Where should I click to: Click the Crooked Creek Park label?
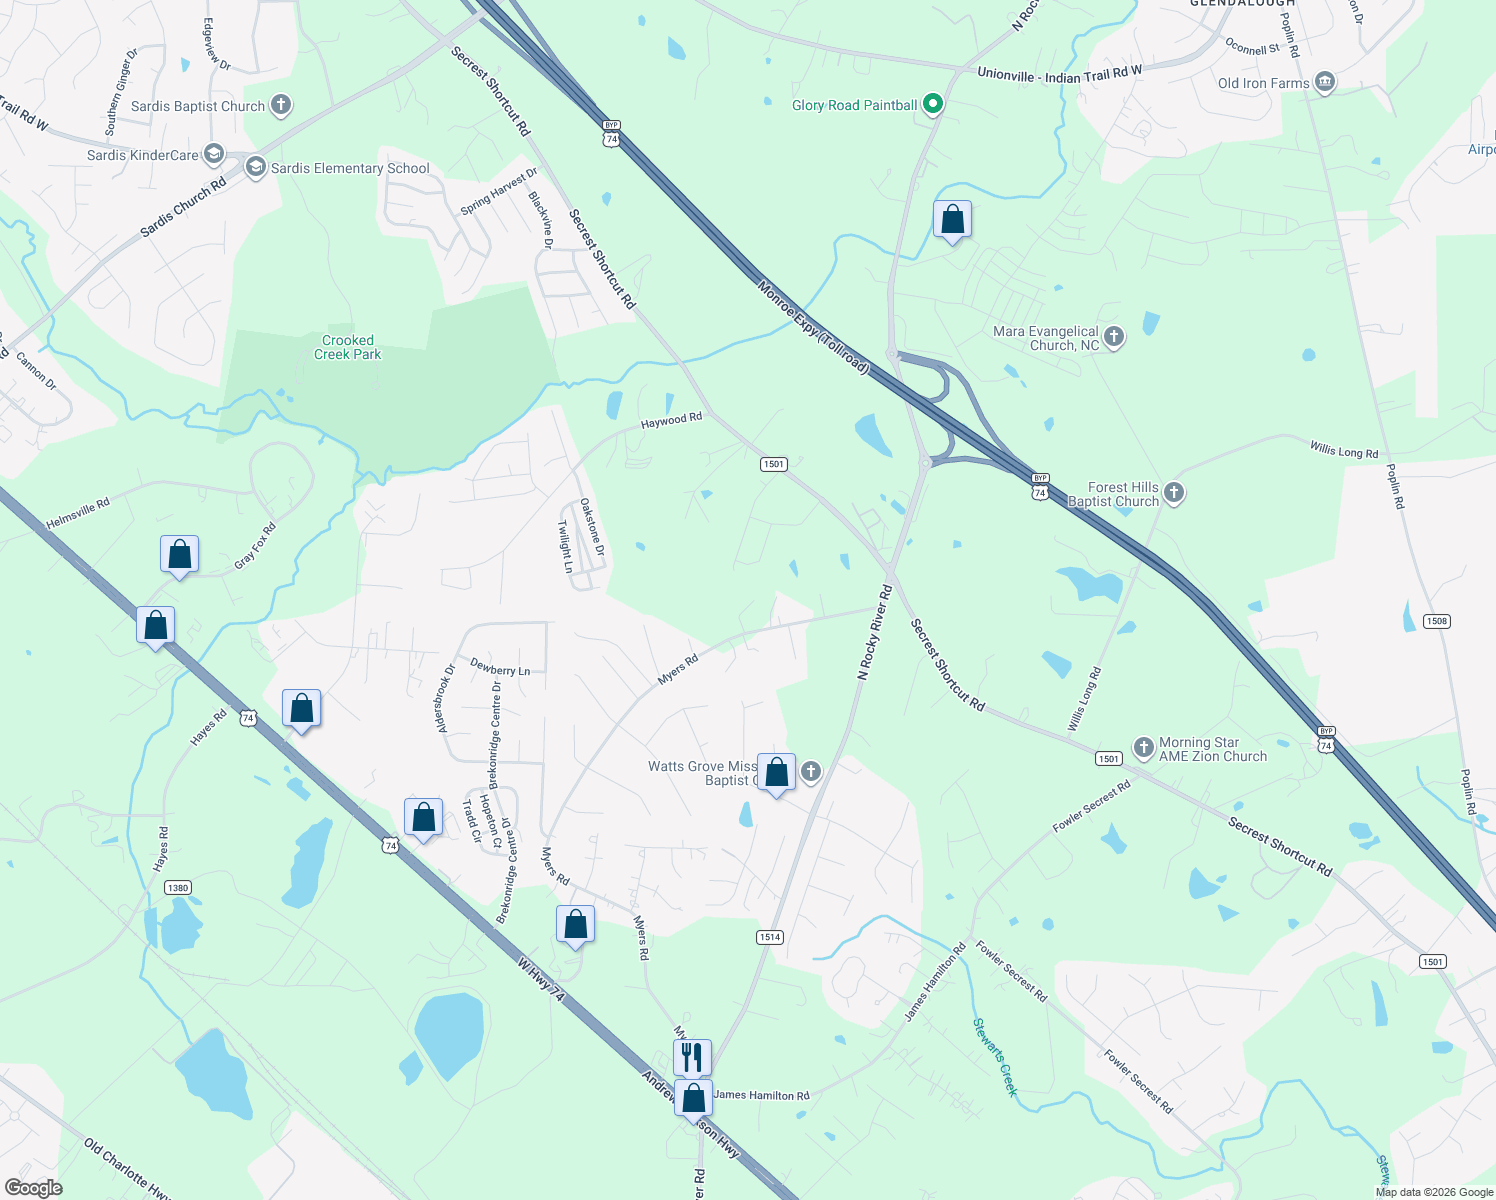pyautogui.click(x=348, y=347)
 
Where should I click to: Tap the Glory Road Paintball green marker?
pyautogui.click(x=933, y=103)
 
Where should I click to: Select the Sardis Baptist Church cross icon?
pyautogui.click(x=281, y=105)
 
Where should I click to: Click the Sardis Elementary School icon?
pyautogui.click(x=255, y=167)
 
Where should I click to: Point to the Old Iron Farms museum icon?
pyautogui.click(x=1325, y=82)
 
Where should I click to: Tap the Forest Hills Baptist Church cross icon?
pyautogui.click(x=1175, y=492)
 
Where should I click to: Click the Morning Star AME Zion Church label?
pyautogui.click(x=1212, y=750)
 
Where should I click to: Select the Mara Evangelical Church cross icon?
pyautogui.click(x=1113, y=337)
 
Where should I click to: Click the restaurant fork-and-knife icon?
pyautogui.click(x=692, y=1056)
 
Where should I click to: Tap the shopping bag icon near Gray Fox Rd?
pyautogui.click(x=180, y=554)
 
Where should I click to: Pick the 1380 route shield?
pyautogui.click(x=178, y=888)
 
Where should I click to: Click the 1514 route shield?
pyautogui.click(x=769, y=937)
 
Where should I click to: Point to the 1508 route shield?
pyautogui.click(x=1436, y=621)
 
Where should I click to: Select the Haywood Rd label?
pyautogui.click(x=671, y=421)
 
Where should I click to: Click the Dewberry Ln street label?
pyautogui.click(x=500, y=669)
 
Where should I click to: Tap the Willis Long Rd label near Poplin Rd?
pyautogui.click(x=1344, y=450)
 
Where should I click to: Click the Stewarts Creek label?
pyautogui.click(x=995, y=1057)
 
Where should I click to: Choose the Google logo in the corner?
pyautogui.click(x=33, y=1188)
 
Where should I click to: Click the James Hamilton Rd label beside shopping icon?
pyautogui.click(x=762, y=1095)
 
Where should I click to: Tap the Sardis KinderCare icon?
pyautogui.click(x=213, y=154)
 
